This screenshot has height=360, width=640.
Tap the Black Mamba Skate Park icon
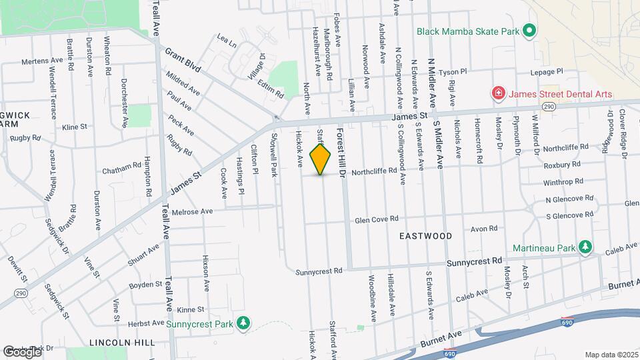coord(529,31)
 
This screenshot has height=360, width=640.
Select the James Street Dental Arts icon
coord(498,93)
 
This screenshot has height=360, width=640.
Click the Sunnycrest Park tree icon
coord(245,323)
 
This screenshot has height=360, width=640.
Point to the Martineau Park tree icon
coord(585,248)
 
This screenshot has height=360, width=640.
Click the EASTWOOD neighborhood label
coord(425,236)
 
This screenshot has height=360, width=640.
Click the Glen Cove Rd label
coord(377,219)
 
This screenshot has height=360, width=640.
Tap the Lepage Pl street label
coord(547,71)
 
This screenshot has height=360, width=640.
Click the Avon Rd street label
coord(484,228)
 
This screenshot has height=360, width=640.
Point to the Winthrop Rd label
coord(563,181)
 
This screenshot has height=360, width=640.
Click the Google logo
coord(22,351)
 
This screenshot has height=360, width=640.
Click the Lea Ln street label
coord(227,41)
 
